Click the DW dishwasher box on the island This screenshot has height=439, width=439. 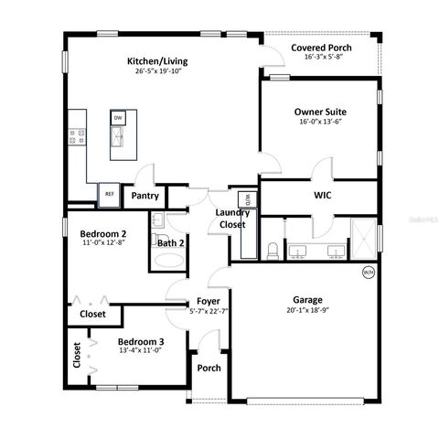118,118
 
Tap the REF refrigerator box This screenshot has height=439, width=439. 110,195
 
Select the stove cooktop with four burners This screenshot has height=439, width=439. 77,138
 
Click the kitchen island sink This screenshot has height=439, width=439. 118,138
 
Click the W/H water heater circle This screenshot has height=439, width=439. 369,272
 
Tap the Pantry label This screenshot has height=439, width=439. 145,195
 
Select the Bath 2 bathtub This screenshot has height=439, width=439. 167,260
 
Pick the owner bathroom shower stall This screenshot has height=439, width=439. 363,238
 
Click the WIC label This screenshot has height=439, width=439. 322,195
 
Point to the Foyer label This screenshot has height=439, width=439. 208,301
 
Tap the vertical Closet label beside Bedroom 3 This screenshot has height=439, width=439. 78,356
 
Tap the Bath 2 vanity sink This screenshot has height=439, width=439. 157,220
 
